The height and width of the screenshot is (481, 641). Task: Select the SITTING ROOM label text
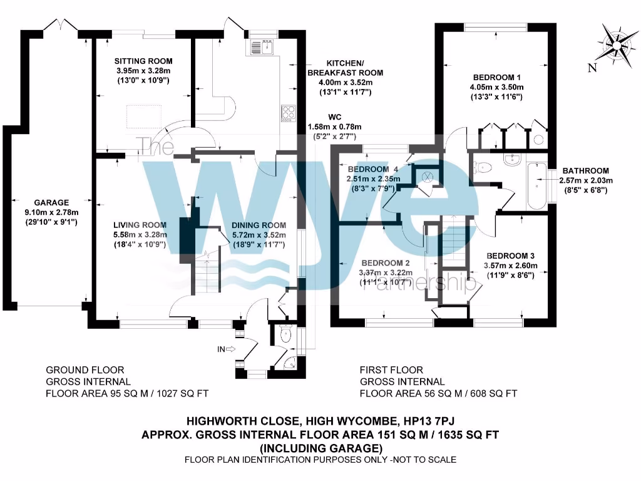pyautogui.click(x=143, y=61)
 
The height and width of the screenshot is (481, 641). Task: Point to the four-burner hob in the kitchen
pyautogui.click(x=289, y=112)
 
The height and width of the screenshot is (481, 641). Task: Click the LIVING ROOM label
pyautogui.click(x=140, y=225)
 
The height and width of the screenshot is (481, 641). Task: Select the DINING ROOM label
pyautogui.click(x=259, y=225)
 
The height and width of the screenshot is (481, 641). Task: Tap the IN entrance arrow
pyautogui.click(x=227, y=349)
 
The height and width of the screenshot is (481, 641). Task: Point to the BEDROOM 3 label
pyautogui.click(x=511, y=256)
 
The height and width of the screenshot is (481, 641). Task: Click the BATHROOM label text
pyautogui.click(x=585, y=170)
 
